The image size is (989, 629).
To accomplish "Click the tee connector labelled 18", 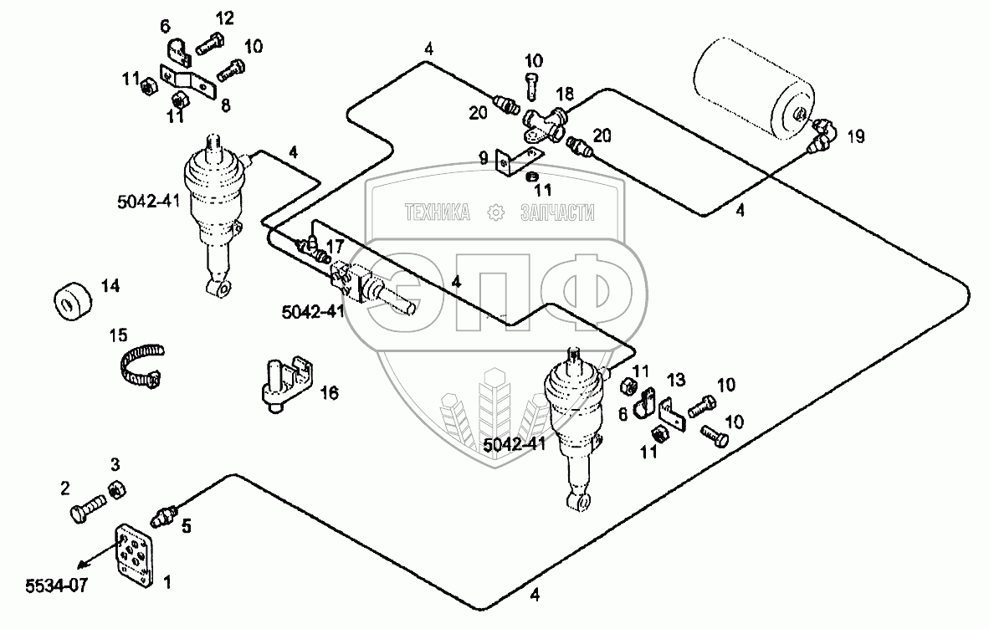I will tap(541, 120).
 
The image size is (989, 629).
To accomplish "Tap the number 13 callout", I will tap(675, 380).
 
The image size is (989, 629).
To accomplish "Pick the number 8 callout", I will tap(225, 105).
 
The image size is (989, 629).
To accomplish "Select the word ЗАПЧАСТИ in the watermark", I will tap(556, 213).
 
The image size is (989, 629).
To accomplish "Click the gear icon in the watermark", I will tap(495, 213).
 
